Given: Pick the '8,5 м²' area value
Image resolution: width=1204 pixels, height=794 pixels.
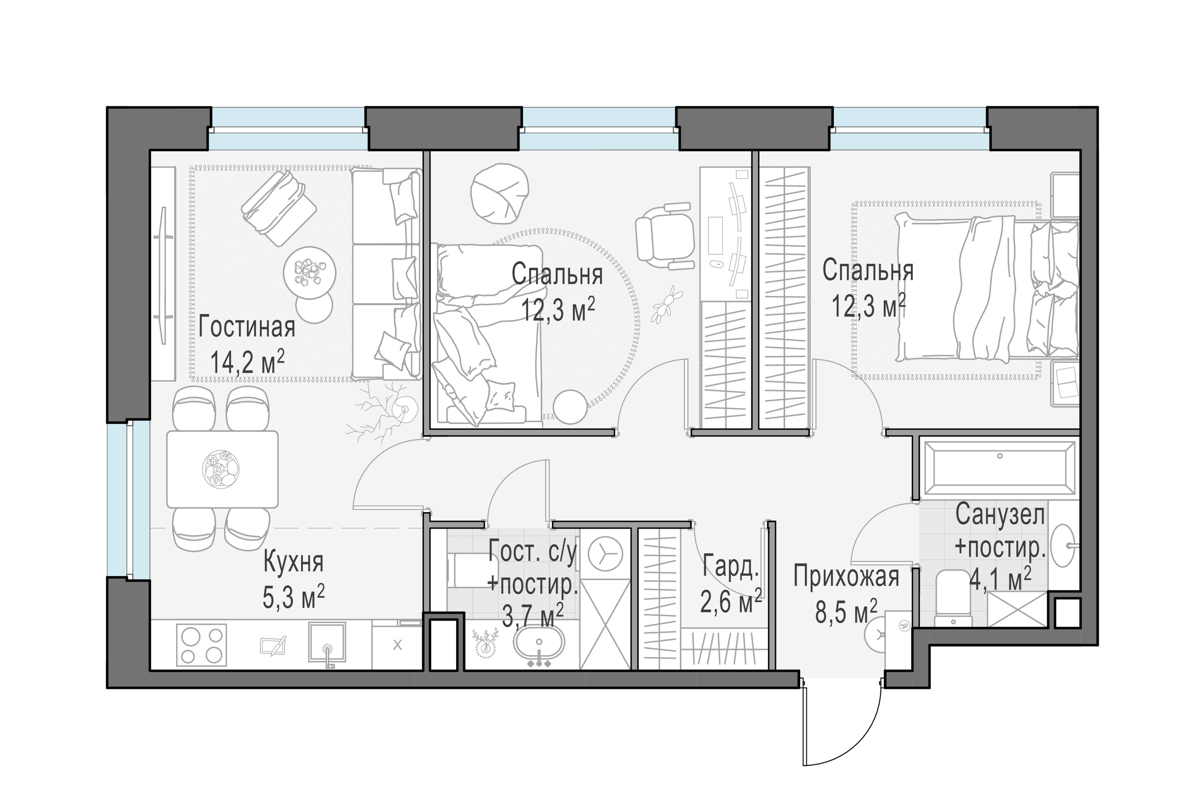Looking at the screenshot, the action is click(x=846, y=612).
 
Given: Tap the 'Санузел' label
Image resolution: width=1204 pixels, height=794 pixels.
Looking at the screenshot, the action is click(x=1000, y=515).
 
